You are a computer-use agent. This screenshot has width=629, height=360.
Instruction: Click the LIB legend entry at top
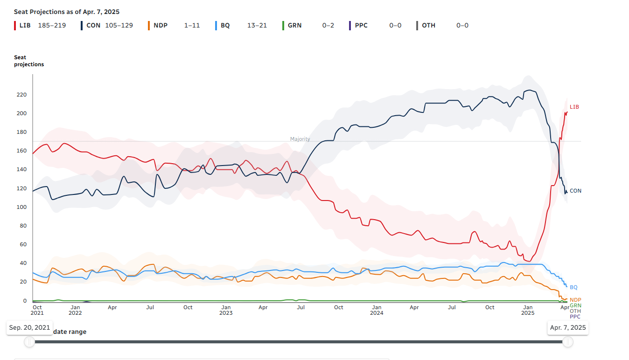coord(25,25)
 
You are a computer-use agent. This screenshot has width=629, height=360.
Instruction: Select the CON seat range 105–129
coord(119,25)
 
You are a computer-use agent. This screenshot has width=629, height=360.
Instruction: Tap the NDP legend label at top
coord(160,25)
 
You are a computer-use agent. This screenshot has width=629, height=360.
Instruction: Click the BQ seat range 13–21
coord(257,25)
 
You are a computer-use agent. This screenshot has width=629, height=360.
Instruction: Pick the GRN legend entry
coord(294,25)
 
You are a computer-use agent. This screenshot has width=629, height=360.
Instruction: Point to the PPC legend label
coord(361,25)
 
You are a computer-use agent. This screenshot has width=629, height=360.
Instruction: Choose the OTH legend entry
coord(428,25)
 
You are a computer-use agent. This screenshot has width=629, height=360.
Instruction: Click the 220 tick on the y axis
coord(21,95)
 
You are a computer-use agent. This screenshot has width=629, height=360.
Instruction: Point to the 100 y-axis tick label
coord(21,207)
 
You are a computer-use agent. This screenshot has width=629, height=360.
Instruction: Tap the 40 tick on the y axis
coord(23,263)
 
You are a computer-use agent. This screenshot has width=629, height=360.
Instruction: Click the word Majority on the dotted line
coord(300,139)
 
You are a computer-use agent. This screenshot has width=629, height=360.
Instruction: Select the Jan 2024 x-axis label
coord(377,310)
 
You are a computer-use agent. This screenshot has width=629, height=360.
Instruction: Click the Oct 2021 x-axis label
coord(37,310)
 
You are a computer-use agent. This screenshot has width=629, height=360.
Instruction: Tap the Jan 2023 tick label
coord(226,310)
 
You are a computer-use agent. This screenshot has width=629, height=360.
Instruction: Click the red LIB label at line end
coord(574,107)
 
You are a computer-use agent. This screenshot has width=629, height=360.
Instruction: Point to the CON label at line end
coord(575,191)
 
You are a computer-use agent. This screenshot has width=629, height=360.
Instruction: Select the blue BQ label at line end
coord(573,287)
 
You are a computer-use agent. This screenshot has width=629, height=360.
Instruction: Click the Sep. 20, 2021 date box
coord(29,327)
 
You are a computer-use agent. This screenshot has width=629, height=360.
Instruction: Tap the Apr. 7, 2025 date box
coord(567,327)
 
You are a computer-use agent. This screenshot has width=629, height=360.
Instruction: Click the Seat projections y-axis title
coord(29,61)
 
